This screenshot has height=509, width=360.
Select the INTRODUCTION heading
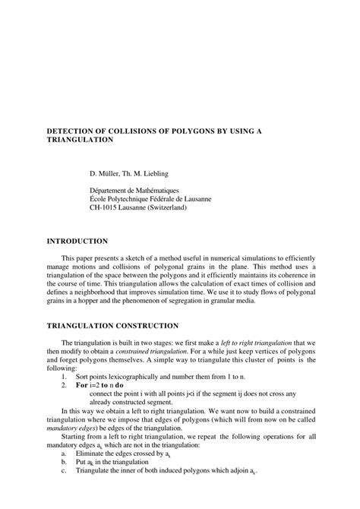[x=77, y=241]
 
